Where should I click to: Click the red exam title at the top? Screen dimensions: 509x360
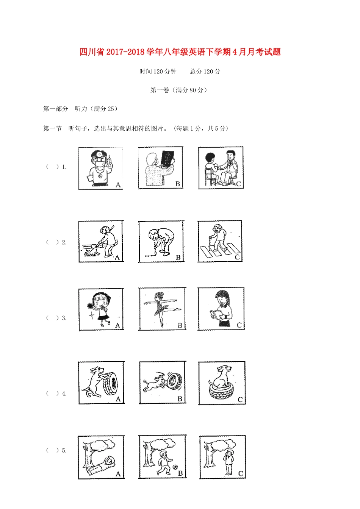[180, 52]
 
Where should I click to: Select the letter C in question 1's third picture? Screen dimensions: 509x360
[238, 184]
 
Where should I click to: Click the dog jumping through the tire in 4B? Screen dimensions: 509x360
[154, 384]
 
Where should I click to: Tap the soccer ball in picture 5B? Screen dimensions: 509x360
[175, 467]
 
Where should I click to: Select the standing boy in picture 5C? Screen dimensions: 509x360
[229, 462]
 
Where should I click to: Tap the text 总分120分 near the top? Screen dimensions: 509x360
[205, 72]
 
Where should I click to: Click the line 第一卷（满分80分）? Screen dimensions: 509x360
[179, 90]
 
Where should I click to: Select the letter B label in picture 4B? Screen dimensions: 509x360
[180, 398]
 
